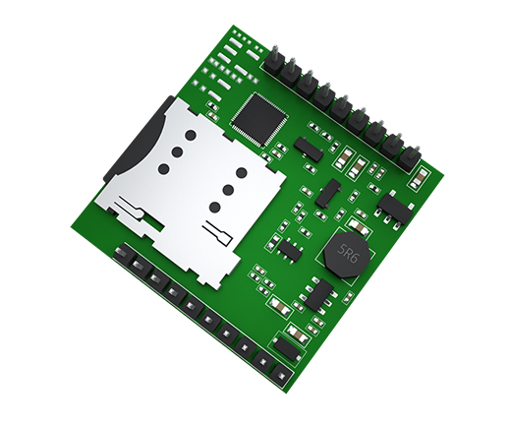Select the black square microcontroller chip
click(x=259, y=120)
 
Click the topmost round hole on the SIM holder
click(x=191, y=135)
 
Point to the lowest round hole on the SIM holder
click(x=215, y=207)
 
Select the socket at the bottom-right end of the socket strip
click(x=281, y=375)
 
